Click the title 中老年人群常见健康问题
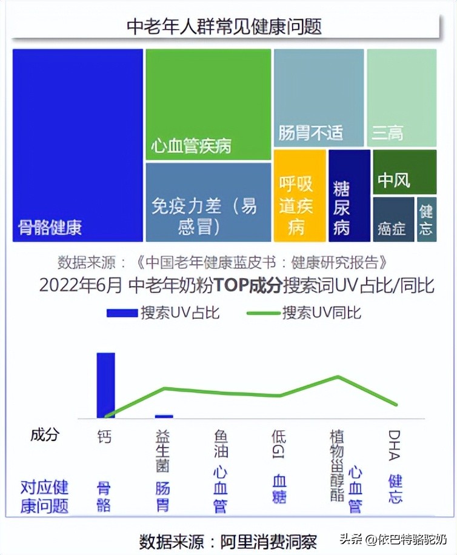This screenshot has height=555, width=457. [x=224, y=26]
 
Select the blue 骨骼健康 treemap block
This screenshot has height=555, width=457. [x=78, y=145]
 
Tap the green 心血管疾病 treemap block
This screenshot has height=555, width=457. [x=208, y=104]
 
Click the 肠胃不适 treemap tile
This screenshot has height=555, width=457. [x=318, y=98]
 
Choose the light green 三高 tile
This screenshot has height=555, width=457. [x=401, y=98]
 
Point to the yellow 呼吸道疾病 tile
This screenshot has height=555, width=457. [x=299, y=196]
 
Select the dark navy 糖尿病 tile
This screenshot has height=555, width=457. [x=349, y=196]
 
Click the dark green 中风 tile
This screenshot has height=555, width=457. [x=404, y=172]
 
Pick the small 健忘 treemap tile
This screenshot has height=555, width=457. [x=426, y=219]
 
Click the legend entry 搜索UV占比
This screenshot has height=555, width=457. [x=163, y=313]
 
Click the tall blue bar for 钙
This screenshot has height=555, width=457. [x=105, y=385]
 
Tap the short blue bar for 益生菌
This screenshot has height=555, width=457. [x=164, y=416]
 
